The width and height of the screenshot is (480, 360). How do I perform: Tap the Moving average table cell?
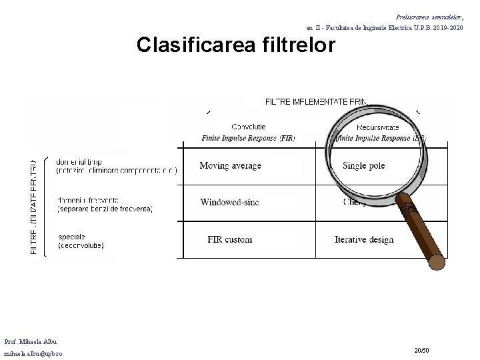pos(230,165)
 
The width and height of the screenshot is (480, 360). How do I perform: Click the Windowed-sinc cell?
pos(229,202)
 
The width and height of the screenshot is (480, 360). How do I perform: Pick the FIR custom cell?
pos(230,239)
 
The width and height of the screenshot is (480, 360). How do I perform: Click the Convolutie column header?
pos(249,126)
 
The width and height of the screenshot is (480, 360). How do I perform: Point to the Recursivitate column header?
pos(378,127)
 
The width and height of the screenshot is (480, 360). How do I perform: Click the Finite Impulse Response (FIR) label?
pos(248,138)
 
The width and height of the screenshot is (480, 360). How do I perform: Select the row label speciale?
pos(71,236)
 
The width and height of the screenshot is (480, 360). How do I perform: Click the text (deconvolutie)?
pos(81,245)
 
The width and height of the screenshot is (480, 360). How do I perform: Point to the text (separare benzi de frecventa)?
pos(105,209)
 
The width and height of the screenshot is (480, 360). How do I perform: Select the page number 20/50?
pos(421,349)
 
